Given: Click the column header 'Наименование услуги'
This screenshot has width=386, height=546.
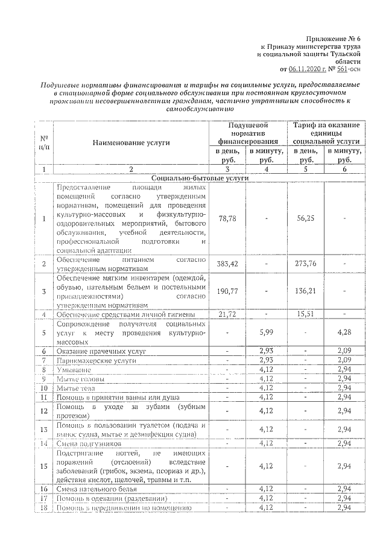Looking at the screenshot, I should [x=131, y=142].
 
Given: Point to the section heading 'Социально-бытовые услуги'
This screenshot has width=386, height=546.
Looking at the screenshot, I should [x=192, y=179].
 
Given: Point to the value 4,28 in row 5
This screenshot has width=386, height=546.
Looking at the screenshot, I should [x=344, y=332].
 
